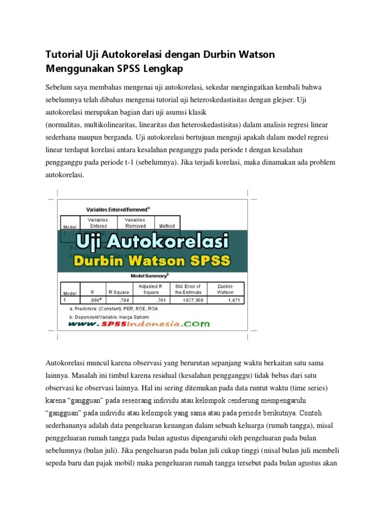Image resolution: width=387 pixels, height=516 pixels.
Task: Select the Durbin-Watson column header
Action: coord(225,289)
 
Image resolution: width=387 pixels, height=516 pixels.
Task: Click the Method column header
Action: coord(167,226)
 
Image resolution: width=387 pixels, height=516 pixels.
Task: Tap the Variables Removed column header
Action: coord(135,223)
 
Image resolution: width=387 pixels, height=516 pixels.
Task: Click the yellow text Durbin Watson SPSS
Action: coord(152,261)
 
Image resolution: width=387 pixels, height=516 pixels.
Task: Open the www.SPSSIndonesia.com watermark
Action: coord(139,325)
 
